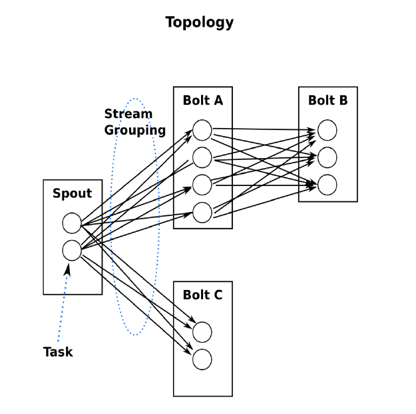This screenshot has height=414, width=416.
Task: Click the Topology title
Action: [x=199, y=22]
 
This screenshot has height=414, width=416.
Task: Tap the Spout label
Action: [x=72, y=193]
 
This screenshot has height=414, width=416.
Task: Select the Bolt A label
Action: [x=203, y=100]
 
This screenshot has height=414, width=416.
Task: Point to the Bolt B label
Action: [x=328, y=100]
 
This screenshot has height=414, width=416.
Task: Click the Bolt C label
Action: [x=203, y=295]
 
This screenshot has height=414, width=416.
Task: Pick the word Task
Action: [x=58, y=352]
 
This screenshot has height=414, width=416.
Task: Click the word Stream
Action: [x=128, y=114]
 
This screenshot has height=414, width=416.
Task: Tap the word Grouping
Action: [x=134, y=131]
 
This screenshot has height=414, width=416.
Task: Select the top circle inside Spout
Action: [x=72, y=223]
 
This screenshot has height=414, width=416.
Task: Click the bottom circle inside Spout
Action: [x=72, y=250]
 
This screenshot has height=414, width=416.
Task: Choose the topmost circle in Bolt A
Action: [x=202, y=130]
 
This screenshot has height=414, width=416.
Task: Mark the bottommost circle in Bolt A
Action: [x=202, y=212]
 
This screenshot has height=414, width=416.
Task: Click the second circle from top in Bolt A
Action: [x=202, y=157]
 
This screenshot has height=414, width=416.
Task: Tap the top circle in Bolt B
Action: [x=327, y=130]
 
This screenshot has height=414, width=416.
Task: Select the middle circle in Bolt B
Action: [x=327, y=157]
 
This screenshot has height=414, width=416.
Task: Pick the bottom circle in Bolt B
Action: [x=327, y=185]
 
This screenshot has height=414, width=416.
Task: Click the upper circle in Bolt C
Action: [x=202, y=332]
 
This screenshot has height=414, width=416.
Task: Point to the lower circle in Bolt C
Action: [x=202, y=359]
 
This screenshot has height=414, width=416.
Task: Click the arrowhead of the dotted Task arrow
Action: [x=68, y=269]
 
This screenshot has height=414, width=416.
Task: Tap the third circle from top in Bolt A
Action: [x=202, y=185]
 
